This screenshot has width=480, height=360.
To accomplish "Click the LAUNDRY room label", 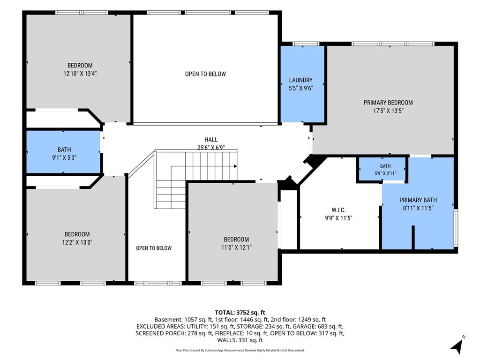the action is (300, 80).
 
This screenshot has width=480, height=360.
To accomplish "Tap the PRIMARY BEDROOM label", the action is (388, 103).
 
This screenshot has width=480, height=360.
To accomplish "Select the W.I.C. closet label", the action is (338, 210).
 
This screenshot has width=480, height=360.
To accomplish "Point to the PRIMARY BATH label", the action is (418, 200).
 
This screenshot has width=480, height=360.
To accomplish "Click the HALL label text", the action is (211, 140).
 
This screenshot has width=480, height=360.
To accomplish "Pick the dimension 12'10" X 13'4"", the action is (80, 74).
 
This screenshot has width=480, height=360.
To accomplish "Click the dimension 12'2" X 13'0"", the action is (77, 242).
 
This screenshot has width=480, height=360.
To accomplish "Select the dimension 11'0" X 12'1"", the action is (236, 247).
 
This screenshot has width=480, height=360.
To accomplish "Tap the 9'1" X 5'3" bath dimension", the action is (64, 157).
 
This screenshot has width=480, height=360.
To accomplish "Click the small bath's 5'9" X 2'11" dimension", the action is (385, 173).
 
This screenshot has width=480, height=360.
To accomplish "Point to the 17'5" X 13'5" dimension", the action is (388, 111).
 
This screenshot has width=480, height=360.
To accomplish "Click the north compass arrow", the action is (457, 345).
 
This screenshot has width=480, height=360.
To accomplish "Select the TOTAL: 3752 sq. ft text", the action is (240, 313).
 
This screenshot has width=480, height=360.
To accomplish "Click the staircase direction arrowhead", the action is (235, 166).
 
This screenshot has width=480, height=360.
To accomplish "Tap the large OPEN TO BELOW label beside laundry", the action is (205, 74).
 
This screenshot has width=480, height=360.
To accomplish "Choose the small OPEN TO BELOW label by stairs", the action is (154, 248).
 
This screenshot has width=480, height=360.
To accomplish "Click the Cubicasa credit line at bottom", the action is (240, 350).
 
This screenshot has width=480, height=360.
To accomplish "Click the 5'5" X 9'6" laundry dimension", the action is (300, 89).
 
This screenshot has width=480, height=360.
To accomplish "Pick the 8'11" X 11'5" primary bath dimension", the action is (418, 208).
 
